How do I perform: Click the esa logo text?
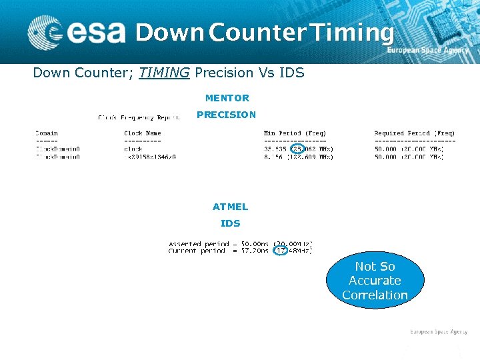pyautogui.click(x=96, y=32)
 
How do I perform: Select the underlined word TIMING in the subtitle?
pyautogui.click(x=164, y=73)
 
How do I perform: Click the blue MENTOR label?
pyautogui.click(x=227, y=98)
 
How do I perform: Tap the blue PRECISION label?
pyautogui.click(x=226, y=115)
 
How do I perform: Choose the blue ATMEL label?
pyautogui.click(x=230, y=207)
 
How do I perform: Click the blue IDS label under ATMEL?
pyautogui.click(x=230, y=223)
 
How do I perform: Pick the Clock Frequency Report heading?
pyautogui.click(x=139, y=118)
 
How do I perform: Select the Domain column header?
pyautogui.click(x=47, y=133)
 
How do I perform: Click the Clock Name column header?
pyautogui.click(x=142, y=133)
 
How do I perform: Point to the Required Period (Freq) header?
pyautogui.click(x=414, y=133)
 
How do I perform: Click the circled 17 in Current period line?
pyautogui.click(x=281, y=251)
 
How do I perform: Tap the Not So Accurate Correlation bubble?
pyautogui.click(x=375, y=281)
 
